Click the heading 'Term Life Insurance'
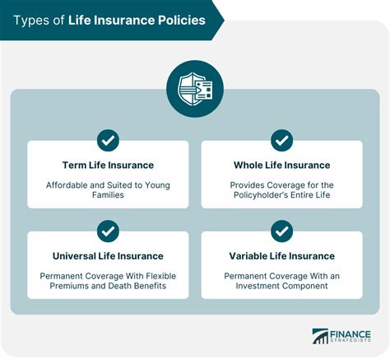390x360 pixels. coord(108,165)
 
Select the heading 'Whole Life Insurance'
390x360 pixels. coord(281,165)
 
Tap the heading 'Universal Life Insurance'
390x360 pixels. coord(108,255)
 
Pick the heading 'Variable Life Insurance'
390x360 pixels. coord(281,255)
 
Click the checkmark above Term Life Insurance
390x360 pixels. coord(108,140)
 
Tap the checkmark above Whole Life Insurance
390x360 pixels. coord(281,140)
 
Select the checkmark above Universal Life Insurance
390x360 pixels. coord(108,231)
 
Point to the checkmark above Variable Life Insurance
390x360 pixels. coord(281,231)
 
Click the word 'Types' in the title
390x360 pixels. coord(30,21)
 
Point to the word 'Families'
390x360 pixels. coord(108,198)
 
